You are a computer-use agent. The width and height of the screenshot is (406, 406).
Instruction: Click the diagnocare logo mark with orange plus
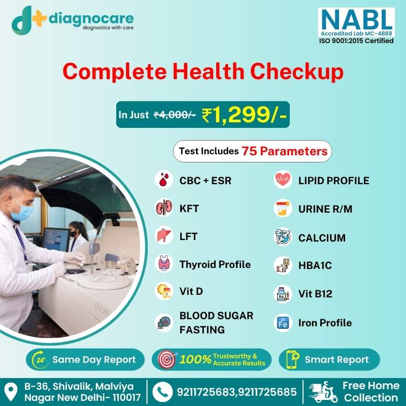[28, 20]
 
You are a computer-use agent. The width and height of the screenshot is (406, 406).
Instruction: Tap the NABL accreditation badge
[356, 26]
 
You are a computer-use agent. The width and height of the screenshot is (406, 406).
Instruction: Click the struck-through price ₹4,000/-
[175, 115]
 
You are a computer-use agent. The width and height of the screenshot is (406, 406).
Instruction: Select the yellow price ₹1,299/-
[244, 115]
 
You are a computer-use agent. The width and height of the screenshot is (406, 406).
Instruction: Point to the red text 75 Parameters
[285, 151]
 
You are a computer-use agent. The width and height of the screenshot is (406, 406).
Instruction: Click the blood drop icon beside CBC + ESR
[164, 179]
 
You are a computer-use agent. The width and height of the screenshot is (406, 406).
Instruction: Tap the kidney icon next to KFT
[164, 208]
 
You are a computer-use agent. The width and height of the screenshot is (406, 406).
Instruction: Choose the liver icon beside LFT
[164, 235]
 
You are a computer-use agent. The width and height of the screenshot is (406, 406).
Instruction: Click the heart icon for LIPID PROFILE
[283, 179]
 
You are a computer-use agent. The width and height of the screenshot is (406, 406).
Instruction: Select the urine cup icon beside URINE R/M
[283, 208]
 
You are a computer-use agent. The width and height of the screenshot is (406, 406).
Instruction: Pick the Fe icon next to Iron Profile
[283, 323]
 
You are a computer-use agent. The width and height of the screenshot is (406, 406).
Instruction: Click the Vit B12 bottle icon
[283, 294]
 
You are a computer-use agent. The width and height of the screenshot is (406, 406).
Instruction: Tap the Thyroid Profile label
[215, 264]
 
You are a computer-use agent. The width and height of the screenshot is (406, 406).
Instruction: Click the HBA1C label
[315, 265]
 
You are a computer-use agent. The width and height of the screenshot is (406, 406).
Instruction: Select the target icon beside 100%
[167, 359]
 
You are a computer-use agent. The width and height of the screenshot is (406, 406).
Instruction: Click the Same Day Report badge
[85, 359]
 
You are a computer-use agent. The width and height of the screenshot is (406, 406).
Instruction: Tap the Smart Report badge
[329, 359]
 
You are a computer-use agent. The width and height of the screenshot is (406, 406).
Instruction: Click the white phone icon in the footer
[162, 392]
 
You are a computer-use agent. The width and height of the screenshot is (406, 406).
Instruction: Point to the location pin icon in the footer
[11, 392]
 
